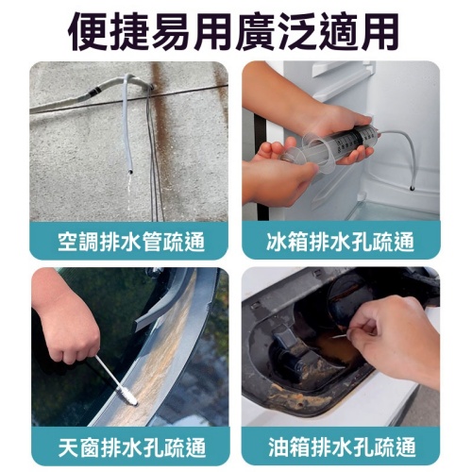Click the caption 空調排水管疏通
click(x=130, y=241)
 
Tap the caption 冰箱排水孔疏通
click(x=341, y=241)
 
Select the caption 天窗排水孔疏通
click(x=130, y=445)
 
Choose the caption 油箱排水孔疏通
click(x=341, y=445)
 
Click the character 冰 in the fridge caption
click(x=278, y=241)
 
